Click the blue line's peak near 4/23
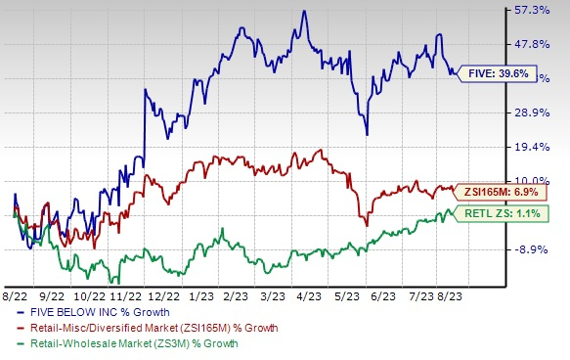304,12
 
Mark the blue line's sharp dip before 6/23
366,134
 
